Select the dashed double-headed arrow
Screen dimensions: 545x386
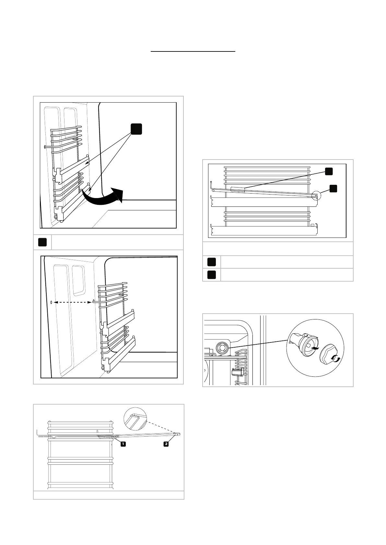click(x=72, y=302)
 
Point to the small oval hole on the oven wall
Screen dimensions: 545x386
click(x=52, y=302)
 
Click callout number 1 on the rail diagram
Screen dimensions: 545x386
click(x=123, y=444)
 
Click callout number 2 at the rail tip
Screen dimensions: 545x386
click(x=166, y=444)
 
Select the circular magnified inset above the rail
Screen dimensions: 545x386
click(x=135, y=419)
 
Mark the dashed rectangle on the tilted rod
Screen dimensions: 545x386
click(x=238, y=189)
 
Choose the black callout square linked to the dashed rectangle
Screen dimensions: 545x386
click(x=329, y=171)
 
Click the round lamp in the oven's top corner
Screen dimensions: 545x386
click(x=222, y=348)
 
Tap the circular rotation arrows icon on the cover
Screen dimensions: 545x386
click(x=336, y=359)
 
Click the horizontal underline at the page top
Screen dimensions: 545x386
click(x=193, y=51)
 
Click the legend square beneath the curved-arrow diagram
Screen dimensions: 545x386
click(x=42, y=242)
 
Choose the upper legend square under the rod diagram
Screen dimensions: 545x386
click(x=211, y=262)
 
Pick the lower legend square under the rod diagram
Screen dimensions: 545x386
click(x=211, y=275)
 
